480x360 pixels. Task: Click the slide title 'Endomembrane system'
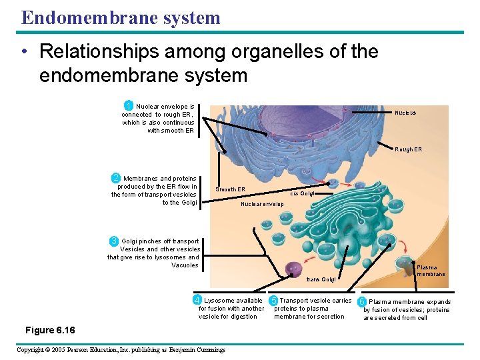point(121,17)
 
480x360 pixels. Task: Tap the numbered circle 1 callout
point(129,105)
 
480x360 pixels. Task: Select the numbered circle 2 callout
point(116,178)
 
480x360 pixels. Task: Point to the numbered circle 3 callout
point(114,241)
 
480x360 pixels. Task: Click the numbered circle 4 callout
point(197,300)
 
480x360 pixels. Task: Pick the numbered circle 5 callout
point(273,300)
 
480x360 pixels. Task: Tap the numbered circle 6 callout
point(363,301)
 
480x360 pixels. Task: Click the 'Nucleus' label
point(405,113)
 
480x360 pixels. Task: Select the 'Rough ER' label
point(408,149)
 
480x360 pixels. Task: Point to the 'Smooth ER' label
point(230,189)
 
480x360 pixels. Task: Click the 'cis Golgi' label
point(303,193)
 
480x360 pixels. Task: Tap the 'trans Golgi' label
point(321,279)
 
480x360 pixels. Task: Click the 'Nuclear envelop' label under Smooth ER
point(262,204)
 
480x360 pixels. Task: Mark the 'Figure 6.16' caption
point(50,331)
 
